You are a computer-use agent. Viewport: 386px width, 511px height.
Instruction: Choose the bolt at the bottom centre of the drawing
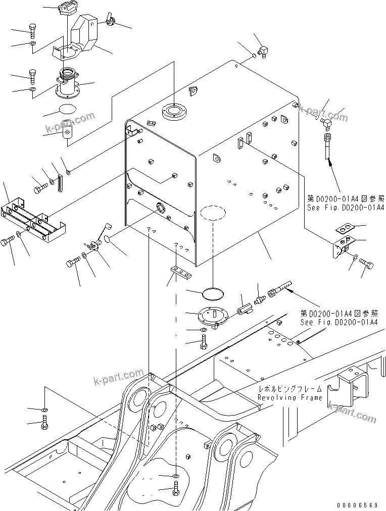coord(175,489)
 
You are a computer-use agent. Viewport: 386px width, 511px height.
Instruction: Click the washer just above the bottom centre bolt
coord(175,476)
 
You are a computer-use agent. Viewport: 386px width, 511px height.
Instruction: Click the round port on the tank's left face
coord(161,207)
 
